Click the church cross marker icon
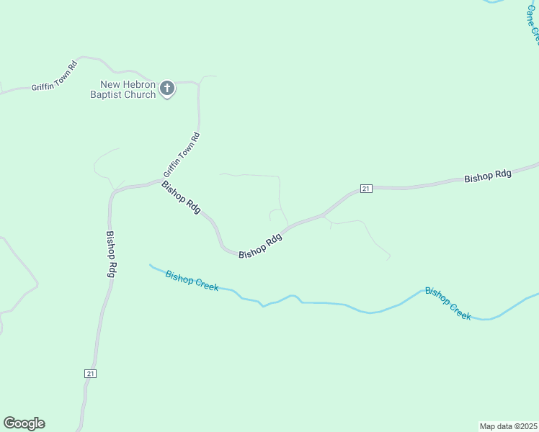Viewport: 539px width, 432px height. (x=167, y=89)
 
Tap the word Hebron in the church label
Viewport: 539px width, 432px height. (x=138, y=84)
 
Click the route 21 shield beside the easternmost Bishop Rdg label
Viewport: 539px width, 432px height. (x=365, y=189)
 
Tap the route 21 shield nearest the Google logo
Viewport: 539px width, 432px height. (x=90, y=374)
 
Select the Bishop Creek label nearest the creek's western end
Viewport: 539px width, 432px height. (x=192, y=280)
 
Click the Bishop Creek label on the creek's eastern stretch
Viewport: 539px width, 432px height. (x=447, y=303)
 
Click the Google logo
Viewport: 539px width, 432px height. (x=24, y=423)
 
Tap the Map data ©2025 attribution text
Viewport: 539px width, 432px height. (x=508, y=426)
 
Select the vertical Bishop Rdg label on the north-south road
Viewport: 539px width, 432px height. (x=111, y=254)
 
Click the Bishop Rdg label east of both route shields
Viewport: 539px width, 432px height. (x=488, y=176)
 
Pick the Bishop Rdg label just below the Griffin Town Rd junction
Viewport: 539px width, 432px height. (x=181, y=196)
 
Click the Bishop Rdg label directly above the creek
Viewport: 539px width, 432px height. (x=259, y=247)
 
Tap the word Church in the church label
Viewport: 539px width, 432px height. (x=141, y=94)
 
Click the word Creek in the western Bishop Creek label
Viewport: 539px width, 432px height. (x=205, y=285)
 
